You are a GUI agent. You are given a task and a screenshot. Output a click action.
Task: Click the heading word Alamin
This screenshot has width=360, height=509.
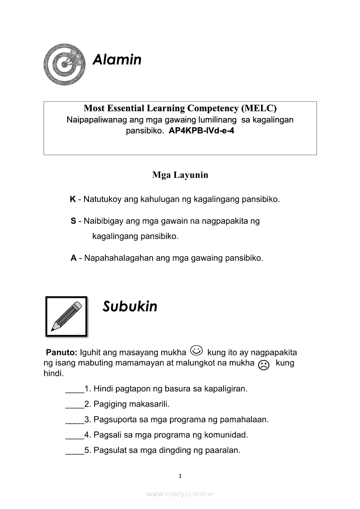click(x=117, y=59)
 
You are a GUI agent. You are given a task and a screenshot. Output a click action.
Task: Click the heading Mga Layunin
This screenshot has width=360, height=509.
click(x=180, y=175)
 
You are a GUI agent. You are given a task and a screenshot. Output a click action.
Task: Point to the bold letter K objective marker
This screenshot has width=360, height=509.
click(x=73, y=200)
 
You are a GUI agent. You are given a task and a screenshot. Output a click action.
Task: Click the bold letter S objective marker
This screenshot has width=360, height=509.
click(x=73, y=221)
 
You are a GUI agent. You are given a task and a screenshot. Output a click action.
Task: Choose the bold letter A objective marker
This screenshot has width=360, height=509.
click(x=74, y=258)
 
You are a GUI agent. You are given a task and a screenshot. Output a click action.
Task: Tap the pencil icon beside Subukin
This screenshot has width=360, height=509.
click(x=67, y=317)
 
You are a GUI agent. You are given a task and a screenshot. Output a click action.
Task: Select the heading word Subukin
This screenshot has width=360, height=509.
click(x=130, y=307)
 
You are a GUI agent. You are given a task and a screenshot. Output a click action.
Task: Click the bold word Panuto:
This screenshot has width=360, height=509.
click(x=61, y=352)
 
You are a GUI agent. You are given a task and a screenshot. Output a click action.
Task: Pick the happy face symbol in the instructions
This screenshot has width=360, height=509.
click(x=197, y=350)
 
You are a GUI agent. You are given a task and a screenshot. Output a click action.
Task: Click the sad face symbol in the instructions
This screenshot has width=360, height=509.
click(x=264, y=365)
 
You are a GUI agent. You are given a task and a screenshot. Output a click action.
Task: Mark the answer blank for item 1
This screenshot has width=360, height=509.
click(x=75, y=389)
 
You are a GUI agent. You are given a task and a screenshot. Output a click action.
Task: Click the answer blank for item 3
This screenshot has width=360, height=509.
click(x=75, y=420)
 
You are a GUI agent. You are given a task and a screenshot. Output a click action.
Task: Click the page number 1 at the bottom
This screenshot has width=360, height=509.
click(x=180, y=476)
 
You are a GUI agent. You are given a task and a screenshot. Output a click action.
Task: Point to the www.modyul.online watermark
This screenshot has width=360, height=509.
click(x=180, y=494)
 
